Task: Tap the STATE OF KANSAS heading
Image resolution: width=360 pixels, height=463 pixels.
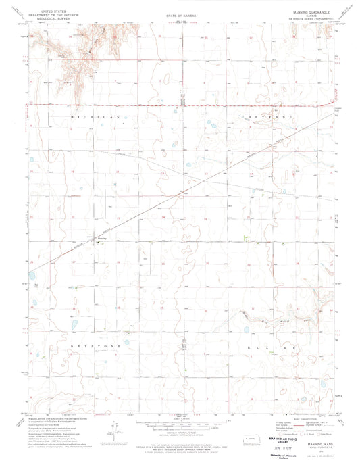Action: pyautogui.click(x=180, y=13)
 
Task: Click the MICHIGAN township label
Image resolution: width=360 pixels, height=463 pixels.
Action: pyautogui.click(x=95, y=117)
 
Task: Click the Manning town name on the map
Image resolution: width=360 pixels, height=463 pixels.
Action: pyautogui.click(x=102, y=238)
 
